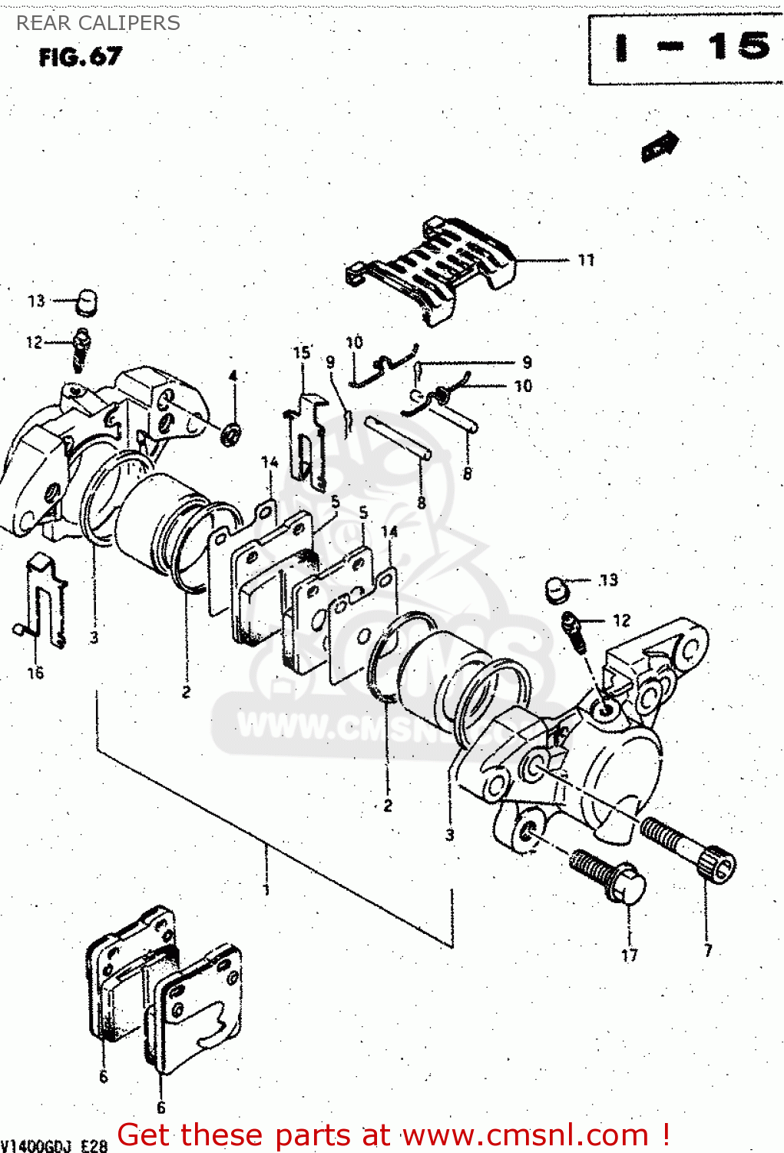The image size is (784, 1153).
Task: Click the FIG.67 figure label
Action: pos(80,57)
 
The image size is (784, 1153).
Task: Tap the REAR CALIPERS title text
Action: pos(98,23)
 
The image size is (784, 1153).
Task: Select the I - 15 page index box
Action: pos(686,49)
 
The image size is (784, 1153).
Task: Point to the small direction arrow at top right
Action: pos(660,146)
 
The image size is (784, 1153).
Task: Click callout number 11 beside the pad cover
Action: pos(587,261)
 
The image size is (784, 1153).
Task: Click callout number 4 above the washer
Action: pos(233,376)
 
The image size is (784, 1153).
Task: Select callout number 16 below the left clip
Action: pos(35,673)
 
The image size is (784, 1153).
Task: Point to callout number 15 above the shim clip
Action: pos(302,352)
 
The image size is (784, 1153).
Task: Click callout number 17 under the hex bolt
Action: pos(630,955)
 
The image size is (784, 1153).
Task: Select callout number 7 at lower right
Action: pos(708,951)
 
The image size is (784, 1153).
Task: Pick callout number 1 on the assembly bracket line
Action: pos(266,889)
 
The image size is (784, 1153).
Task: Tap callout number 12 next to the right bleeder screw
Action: pos(621,620)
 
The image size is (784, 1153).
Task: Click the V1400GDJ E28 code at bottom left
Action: pos(54,1145)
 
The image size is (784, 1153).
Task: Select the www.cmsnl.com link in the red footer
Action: pos(526,1135)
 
